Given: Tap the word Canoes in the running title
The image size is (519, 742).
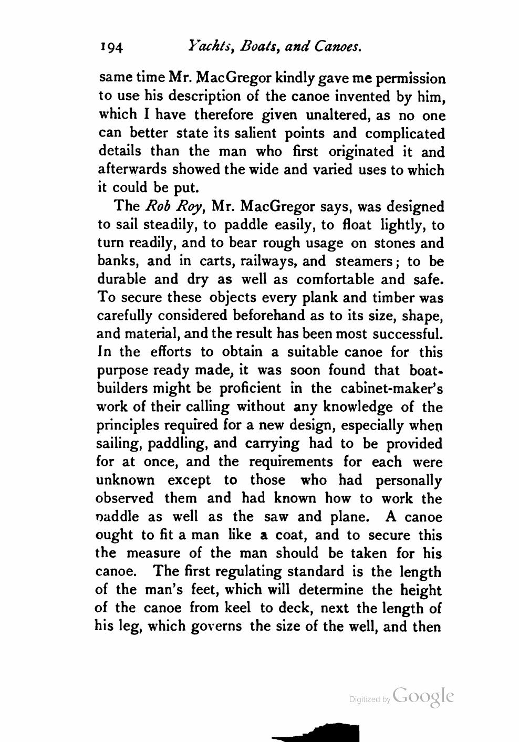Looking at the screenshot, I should pyautogui.click(x=338, y=47).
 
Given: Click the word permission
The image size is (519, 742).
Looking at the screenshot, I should pyautogui.click(x=409, y=79).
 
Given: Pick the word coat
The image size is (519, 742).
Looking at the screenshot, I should pyautogui.click(x=293, y=535).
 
